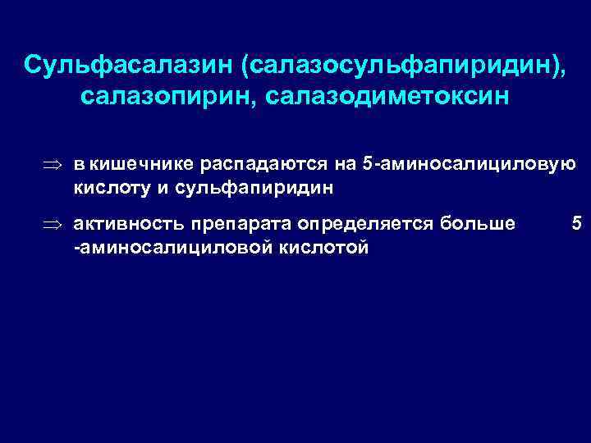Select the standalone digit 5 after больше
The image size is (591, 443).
575,223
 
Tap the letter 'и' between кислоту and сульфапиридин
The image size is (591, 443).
161,188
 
